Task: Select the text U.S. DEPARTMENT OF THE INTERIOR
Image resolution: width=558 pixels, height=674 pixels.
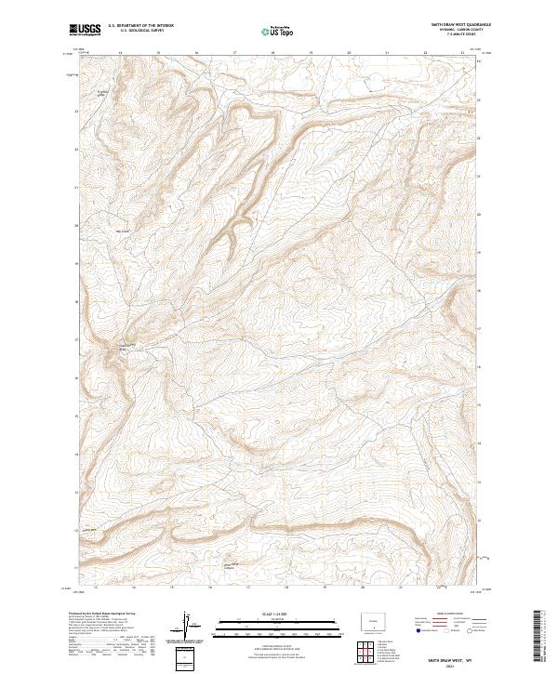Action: coord(140,24)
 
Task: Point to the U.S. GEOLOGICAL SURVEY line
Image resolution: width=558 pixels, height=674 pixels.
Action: coord(140,30)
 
